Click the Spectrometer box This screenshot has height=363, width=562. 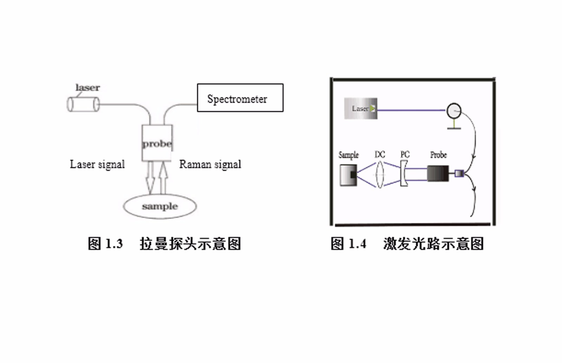click(x=240, y=98)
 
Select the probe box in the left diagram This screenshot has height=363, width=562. click(x=157, y=143)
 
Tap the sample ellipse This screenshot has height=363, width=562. click(x=159, y=206)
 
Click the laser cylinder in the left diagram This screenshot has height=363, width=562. click(x=83, y=104)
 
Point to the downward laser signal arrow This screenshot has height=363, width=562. click(x=150, y=178)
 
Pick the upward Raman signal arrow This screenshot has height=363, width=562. click(x=163, y=178)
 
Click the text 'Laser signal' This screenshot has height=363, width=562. click(x=97, y=164)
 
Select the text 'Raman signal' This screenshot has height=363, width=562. click(x=210, y=164)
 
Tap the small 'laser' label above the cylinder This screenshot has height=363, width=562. click(x=87, y=87)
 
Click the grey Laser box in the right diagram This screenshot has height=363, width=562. click(x=360, y=109)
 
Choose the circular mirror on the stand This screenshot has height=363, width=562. click(x=454, y=111)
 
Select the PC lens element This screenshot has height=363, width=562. click(x=404, y=173)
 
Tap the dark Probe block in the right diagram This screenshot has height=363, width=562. click(x=438, y=173)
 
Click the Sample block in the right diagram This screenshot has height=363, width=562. click(x=348, y=175)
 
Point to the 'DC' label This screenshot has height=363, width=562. click(x=380, y=154)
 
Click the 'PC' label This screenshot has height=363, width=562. click(x=405, y=154)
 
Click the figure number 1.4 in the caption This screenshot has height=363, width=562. click(x=357, y=243)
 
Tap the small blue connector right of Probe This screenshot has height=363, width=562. click(x=459, y=173)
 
